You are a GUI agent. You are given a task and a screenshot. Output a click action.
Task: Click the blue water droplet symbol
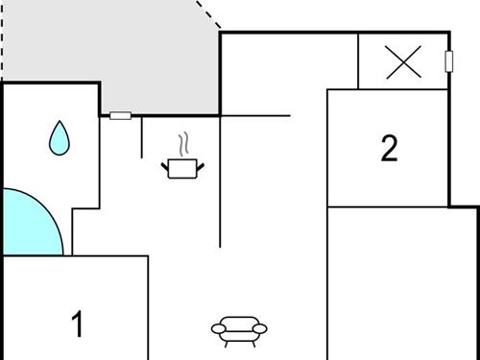pos(60,138)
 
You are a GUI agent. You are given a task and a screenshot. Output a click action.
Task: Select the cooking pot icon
pos(181,169)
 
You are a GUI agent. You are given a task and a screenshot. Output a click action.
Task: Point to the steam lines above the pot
pos(181,146)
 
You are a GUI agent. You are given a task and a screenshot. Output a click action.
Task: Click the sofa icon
pos(238,329)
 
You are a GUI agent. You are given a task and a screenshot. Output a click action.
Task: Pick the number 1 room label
pos(78,324)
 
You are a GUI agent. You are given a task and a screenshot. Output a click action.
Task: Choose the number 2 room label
pos(389,149)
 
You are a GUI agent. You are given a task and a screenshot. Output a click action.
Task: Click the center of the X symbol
pos(403,63)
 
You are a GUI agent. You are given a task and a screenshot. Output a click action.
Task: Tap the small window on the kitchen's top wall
pos(120,116)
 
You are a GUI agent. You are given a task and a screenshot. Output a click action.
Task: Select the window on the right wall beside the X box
pos(448,61)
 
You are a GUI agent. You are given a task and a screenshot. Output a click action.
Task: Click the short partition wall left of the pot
pos(142,137)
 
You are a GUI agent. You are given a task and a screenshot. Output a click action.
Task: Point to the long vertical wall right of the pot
pos(221,182)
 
